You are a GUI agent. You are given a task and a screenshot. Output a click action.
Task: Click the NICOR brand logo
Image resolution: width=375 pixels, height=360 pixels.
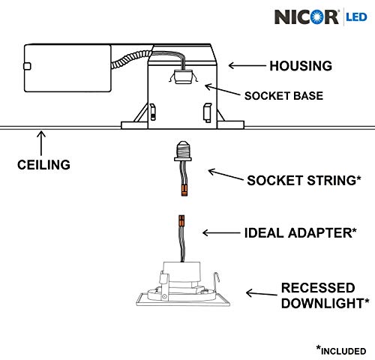point(307,17)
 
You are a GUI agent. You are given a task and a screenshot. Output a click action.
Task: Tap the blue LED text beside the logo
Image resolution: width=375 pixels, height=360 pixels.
point(356,17)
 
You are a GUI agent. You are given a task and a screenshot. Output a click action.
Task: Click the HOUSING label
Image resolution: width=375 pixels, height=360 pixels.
point(301,66)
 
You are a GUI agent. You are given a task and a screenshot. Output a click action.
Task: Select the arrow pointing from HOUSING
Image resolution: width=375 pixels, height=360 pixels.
point(247,66)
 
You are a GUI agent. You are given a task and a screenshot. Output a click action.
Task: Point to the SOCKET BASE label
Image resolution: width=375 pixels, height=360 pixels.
point(283,96)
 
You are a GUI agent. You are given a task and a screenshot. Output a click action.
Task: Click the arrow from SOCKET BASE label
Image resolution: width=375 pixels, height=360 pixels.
point(222,89)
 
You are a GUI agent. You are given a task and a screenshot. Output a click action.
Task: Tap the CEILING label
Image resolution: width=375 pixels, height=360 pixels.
point(43,165)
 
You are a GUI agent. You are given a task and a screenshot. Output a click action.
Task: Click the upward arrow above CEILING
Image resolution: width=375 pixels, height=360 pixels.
point(41,143)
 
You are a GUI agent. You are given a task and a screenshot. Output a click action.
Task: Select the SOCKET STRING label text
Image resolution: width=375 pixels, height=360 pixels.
point(304,180)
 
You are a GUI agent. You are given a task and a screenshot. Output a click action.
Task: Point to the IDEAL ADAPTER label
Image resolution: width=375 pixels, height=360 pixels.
point(300,233)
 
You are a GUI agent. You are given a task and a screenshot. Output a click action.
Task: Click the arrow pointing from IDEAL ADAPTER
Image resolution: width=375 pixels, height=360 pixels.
point(221,233)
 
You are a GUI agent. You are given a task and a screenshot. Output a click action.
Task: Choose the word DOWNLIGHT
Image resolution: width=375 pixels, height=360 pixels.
point(325,303)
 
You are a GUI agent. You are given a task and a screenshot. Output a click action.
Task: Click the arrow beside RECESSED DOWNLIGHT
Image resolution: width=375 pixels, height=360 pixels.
point(262,293)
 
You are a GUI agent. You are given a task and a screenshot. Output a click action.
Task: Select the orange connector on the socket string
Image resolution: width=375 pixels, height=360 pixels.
point(184,190)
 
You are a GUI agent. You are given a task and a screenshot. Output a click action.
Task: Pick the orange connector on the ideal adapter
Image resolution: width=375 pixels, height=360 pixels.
point(181,221)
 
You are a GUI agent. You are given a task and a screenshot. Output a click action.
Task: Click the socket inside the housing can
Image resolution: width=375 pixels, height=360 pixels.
point(183,76)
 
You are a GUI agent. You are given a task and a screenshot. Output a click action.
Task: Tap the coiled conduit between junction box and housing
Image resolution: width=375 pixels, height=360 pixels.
point(131,59)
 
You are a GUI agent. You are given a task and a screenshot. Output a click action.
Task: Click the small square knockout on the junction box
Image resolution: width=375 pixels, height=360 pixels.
point(27,66)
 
